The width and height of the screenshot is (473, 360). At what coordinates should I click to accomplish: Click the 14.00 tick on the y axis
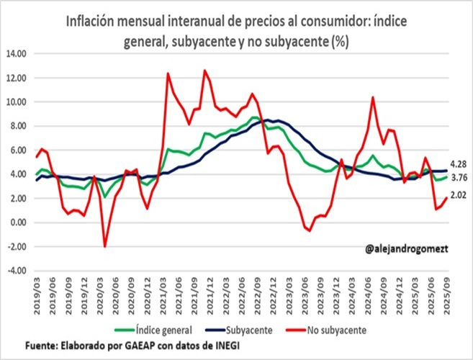click(15, 54)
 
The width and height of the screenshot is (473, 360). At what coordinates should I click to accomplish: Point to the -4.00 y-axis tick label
click(15, 271)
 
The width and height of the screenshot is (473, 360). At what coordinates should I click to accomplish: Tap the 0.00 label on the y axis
click(17, 222)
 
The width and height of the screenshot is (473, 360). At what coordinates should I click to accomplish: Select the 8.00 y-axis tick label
click(17, 126)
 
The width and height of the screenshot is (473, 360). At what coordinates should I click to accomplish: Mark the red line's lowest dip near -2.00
click(105, 246)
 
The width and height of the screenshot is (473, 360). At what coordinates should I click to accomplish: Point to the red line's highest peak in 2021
click(205, 71)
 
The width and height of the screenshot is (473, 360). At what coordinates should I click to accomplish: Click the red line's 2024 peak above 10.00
click(373, 97)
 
